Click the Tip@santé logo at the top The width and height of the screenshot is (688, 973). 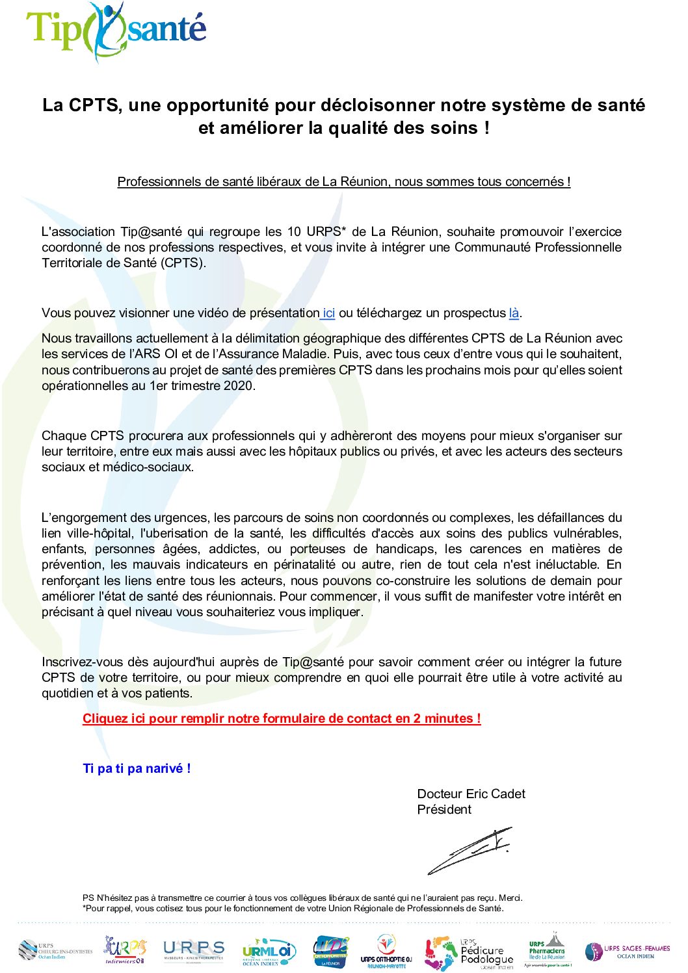pos(116,31)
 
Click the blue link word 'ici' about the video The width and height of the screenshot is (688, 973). pos(328,313)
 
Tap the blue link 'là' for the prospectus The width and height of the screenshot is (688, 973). pos(514,313)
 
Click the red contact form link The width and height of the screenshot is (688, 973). pos(282,718)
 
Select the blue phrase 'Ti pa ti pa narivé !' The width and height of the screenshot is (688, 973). pos(137,768)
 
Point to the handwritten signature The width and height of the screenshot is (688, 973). pos(470,850)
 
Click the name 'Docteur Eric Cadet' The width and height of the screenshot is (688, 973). pos(471,794)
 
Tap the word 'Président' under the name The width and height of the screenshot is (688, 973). pos(444,809)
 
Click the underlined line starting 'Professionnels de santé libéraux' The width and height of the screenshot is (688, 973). pos(343,181)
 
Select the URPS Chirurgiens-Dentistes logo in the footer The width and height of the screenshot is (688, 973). pos(55,951)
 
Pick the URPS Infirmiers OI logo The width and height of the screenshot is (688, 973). pos(125,950)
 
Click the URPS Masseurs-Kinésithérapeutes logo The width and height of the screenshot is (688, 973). pos(193,951)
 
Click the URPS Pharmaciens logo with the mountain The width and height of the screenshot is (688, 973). pos(548,950)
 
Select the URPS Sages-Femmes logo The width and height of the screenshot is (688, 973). pos(627,952)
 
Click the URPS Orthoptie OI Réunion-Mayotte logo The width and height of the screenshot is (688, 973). pos(386,952)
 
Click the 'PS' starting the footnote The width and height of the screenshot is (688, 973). pos(88,898)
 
